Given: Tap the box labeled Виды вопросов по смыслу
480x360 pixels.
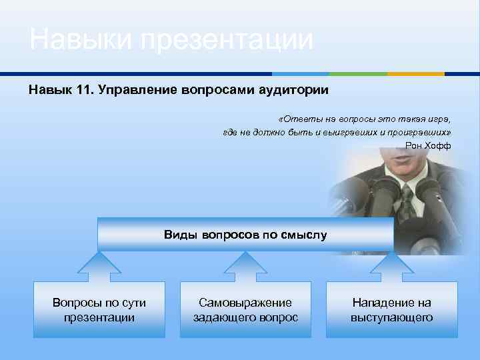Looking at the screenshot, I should coord(245,235).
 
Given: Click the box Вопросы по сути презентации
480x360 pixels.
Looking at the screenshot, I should coord(99,310).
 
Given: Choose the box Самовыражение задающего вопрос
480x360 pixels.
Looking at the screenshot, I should coord(245,310).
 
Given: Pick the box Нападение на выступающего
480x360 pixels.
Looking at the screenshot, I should coord(391,310).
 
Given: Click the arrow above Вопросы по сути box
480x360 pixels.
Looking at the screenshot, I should coord(99,266).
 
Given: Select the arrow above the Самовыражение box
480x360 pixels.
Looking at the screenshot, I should coord(245,266).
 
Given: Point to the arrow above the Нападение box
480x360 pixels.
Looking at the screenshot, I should coord(391,266).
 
